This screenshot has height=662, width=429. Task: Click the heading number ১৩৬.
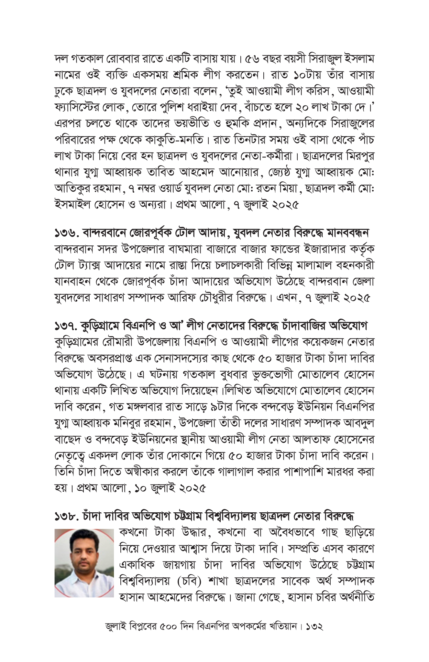point(66,233)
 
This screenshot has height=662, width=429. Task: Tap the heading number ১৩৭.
point(66,326)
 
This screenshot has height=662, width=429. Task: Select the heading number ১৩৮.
point(66,517)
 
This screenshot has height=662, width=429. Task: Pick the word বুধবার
point(239,375)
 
